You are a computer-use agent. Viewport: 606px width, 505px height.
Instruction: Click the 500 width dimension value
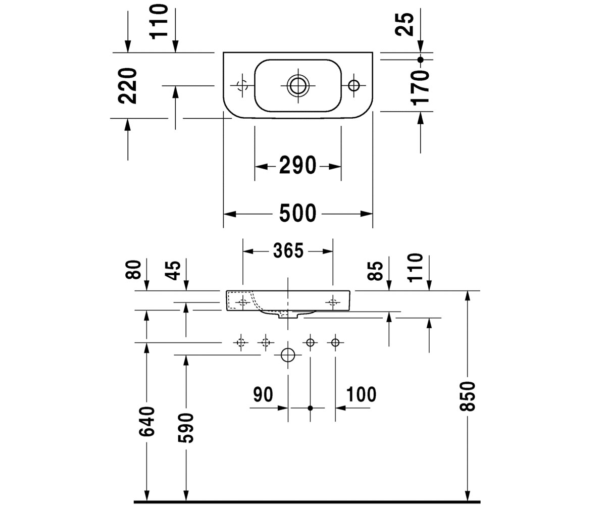(x=297, y=214)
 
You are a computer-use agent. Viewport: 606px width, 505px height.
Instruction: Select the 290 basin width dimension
(x=297, y=165)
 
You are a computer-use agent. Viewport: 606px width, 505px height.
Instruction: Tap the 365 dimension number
(x=288, y=251)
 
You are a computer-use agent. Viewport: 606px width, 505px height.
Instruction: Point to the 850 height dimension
(x=467, y=396)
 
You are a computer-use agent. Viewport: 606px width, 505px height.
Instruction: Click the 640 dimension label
(x=146, y=421)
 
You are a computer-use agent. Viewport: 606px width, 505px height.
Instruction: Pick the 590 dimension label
(x=185, y=428)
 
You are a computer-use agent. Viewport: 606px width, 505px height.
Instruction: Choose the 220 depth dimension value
(x=127, y=86)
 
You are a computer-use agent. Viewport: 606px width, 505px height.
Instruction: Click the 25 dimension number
(x=404, y=24)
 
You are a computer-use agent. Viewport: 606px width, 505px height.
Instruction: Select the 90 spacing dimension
(x=263, y=394)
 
